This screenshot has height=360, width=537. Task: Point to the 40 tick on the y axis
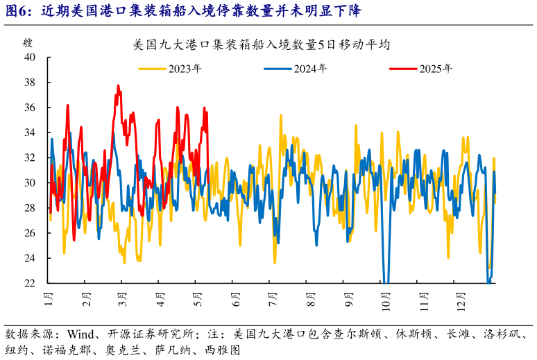pos(30,58)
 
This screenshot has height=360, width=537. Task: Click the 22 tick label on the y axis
pos(30,283)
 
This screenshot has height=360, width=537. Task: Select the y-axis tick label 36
pos(30,108)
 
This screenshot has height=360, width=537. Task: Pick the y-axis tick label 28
pos(30,208)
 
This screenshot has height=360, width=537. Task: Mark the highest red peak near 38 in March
pos(119,86)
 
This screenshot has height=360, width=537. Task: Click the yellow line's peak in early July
pos(281,115)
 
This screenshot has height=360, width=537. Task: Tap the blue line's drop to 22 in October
pos(386,282)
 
